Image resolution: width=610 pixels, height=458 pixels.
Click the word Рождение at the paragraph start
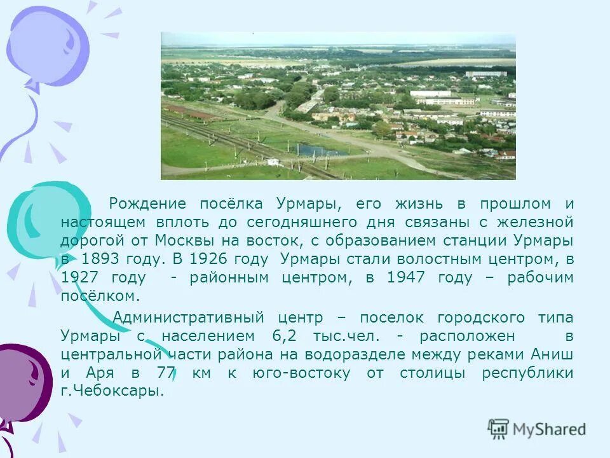point(147,204)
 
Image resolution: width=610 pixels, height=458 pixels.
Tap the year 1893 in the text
point(100,260)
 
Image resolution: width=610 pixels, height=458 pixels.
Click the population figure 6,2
point(285,336)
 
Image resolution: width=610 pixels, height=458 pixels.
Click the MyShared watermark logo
point(537,429)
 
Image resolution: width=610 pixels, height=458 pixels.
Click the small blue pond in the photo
point(315,151)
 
